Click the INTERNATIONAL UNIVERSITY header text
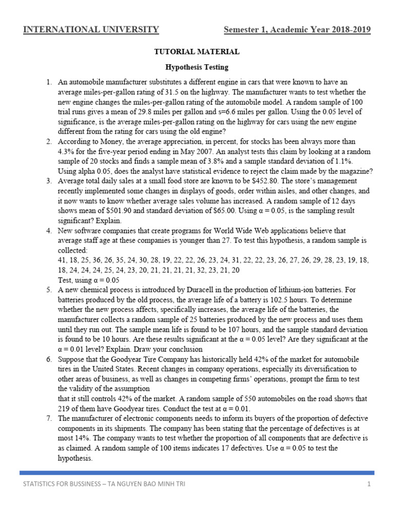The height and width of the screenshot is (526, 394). click(91, 30)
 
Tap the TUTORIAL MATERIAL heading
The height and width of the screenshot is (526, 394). click(197, 52)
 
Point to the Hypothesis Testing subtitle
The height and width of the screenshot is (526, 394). click(197, 67)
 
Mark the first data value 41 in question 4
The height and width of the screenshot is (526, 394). click(62, 260)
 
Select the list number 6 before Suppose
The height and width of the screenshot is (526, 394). click(48, 359)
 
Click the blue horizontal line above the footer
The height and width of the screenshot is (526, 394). click(197, 473)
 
